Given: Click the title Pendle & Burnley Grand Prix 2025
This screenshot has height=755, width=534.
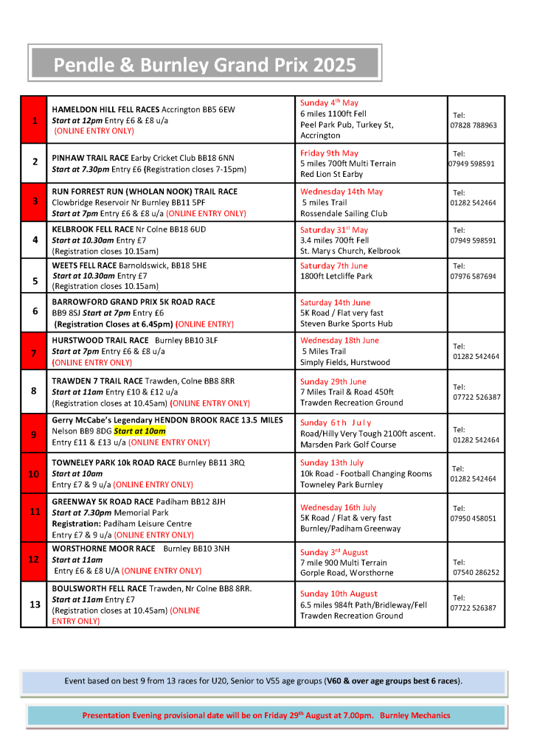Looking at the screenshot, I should (204, 65).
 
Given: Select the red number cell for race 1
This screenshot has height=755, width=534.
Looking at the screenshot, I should (34, 119).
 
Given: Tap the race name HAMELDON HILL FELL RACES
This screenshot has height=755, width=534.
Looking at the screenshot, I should (105, 110).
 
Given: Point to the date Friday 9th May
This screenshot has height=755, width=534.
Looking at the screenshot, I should (329, 153).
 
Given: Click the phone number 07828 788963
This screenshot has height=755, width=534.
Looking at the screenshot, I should (474, 125).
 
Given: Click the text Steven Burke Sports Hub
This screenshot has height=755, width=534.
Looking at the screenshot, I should (346, 323).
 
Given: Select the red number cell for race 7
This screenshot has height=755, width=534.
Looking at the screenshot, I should (34, 353).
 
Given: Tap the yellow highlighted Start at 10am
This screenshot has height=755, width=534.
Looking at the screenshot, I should (139, 431).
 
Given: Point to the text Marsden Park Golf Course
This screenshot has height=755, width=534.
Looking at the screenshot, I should (347, 445).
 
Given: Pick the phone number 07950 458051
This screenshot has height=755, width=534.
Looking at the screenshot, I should (474, 518).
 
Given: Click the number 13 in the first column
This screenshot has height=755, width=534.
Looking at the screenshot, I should (35, 605).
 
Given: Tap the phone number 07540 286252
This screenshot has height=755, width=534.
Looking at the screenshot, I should (474, 572).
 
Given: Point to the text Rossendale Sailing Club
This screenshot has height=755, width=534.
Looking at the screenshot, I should (344, 214).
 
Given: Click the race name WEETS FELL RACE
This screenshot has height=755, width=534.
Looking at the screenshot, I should (84, 265).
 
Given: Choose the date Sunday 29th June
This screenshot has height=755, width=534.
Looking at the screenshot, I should (334, 382).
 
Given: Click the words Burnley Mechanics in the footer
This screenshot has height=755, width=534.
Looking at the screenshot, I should (416, 715).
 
